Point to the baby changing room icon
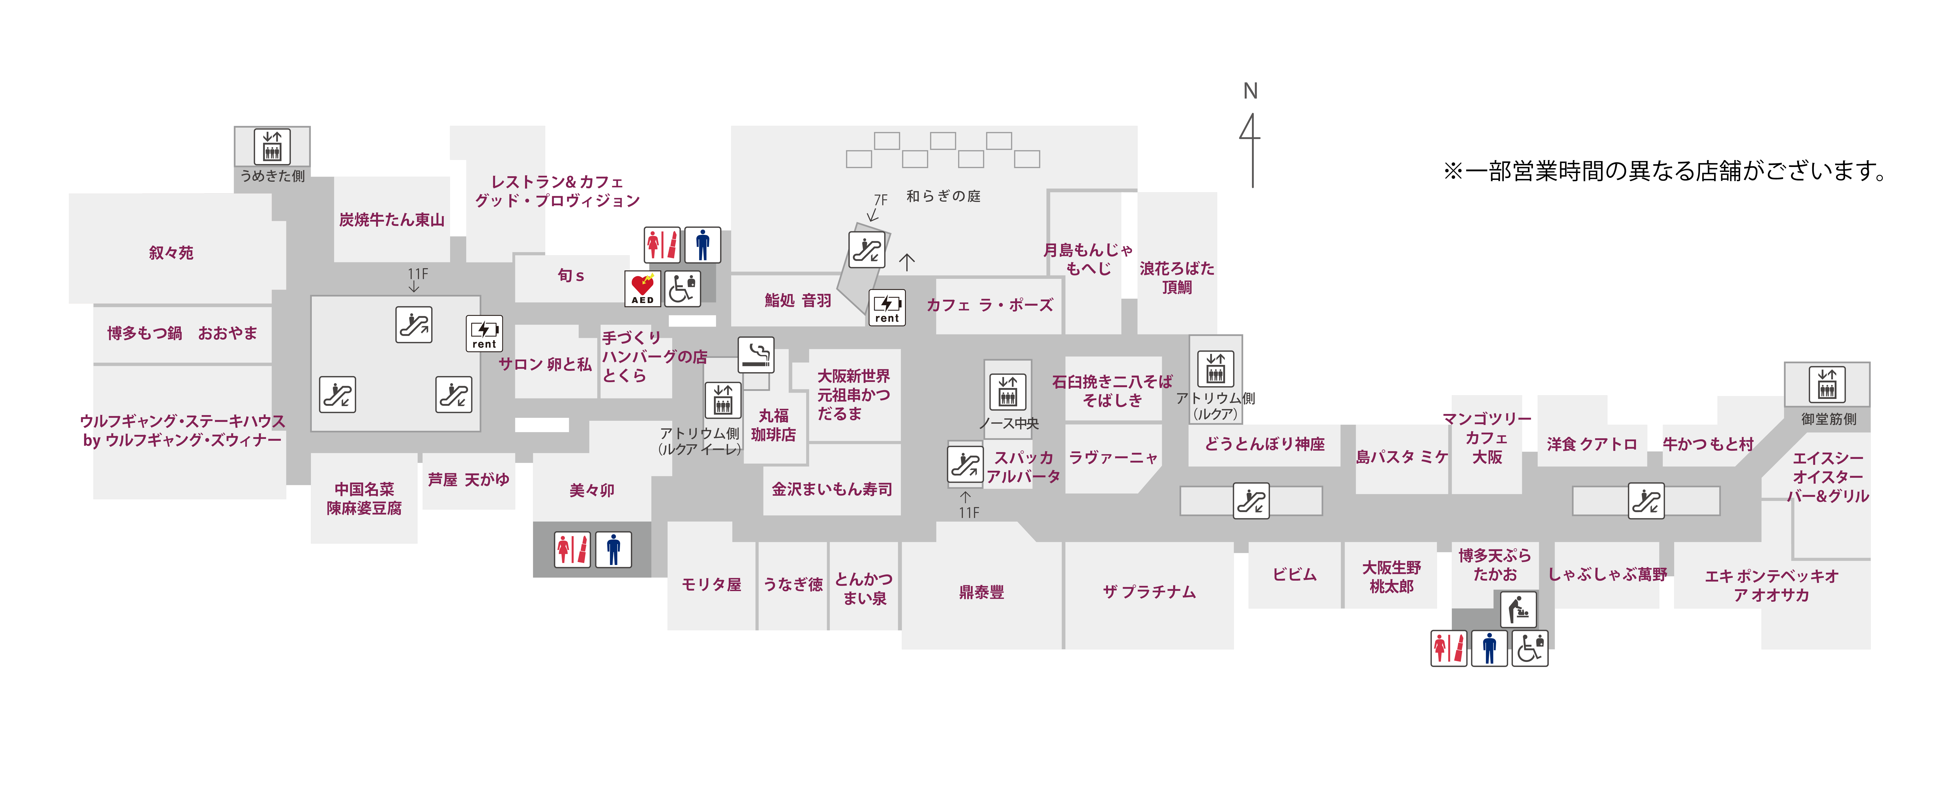(1518, 609)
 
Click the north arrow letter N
(1250, 91)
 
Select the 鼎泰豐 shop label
(981, 592)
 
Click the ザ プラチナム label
(1149, 592)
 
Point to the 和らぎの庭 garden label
(943, 196)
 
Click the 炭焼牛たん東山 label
(391, 220)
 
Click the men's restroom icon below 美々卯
(613, 549)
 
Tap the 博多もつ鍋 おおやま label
(182, 333)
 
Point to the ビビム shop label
(1294, 575)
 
